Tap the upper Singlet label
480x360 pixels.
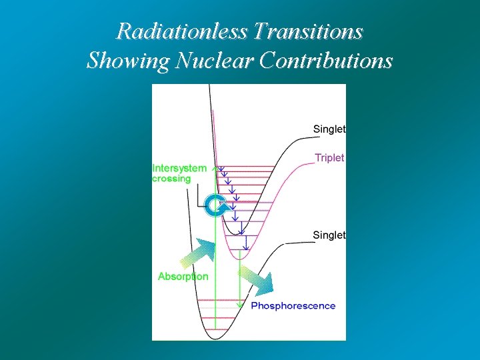[329, 129]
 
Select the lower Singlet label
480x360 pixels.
[329, 235]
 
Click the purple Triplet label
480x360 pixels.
[329, 158]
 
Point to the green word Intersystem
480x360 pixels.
[179, 168]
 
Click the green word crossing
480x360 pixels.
[171, 179]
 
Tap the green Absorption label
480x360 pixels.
[183, 276]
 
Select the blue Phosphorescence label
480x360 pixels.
[293, 306]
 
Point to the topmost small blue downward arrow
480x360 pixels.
[221, 170]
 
